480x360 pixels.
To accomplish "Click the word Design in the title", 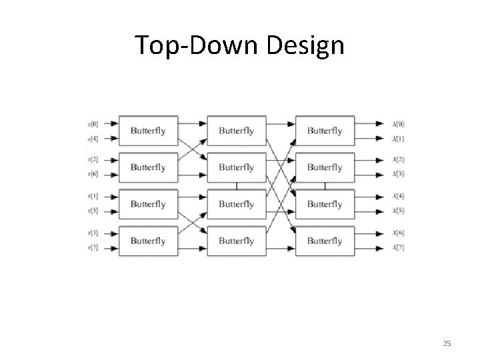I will (307, 45).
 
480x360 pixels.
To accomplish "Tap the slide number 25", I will (447, 343).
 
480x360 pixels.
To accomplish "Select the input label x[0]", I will (93, 123).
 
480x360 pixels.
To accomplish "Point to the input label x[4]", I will (93, 139).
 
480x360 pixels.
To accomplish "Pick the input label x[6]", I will (93, 174).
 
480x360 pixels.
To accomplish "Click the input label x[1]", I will (93, 196).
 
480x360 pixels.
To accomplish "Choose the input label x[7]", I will (93, 247).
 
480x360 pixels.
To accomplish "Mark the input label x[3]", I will (93, 233).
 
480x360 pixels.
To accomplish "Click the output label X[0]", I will (399, 123).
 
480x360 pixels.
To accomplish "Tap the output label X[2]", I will (399, 159).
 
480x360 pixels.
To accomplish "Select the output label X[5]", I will (399, 211).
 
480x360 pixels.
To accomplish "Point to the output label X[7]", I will (399, 247).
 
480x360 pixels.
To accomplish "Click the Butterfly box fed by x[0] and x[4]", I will (148, 131).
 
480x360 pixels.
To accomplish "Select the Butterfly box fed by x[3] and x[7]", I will (148, 240).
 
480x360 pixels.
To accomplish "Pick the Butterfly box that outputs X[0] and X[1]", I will (325, 131).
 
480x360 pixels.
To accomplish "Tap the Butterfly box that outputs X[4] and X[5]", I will (325, 203).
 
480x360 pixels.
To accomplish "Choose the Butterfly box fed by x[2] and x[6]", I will (148, 167).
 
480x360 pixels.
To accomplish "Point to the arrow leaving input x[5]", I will (109, 211).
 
